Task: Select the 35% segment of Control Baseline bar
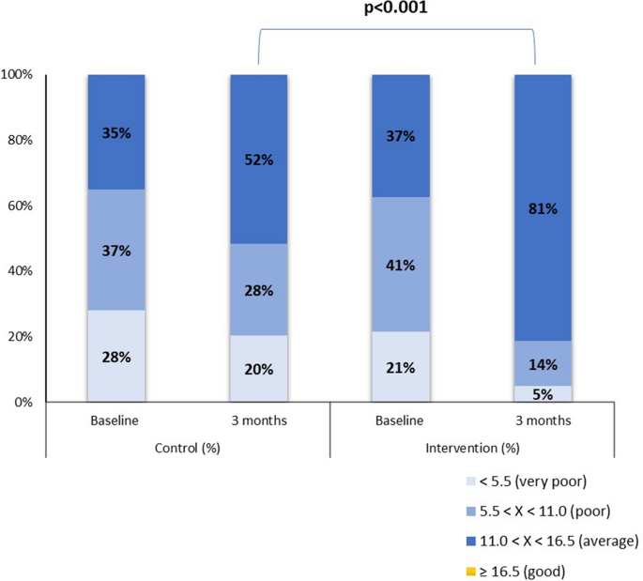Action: [x=115, y=132]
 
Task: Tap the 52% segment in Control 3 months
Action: [x=258, y=160]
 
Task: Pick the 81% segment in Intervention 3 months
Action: [x=543, y=208]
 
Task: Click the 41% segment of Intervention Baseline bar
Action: [x=401, y=264]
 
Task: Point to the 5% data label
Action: [x=543, y=394]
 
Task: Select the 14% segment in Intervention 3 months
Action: [x=543, y=363]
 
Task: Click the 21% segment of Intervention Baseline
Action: [x=401, y=367]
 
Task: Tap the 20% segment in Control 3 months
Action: [x=258, y=369]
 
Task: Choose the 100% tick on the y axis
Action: [x=20, y=74]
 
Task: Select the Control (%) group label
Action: [x=187, y=445]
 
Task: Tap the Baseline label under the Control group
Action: [x=115, y=420]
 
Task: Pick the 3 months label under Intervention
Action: [x=543, y=420]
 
